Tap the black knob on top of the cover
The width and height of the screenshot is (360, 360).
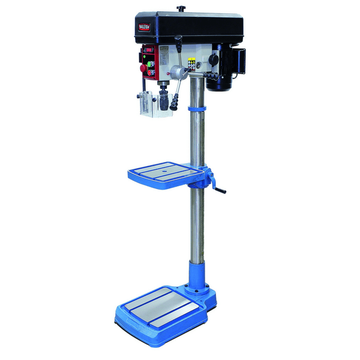(x=180, y=8)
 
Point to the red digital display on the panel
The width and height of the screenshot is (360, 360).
(x=149, y=50)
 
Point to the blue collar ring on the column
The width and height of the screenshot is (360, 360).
(x=196, y=107)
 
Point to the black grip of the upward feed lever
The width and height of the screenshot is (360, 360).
(x=178, y=41)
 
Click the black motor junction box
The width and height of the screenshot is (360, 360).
(x=238, y=60)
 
